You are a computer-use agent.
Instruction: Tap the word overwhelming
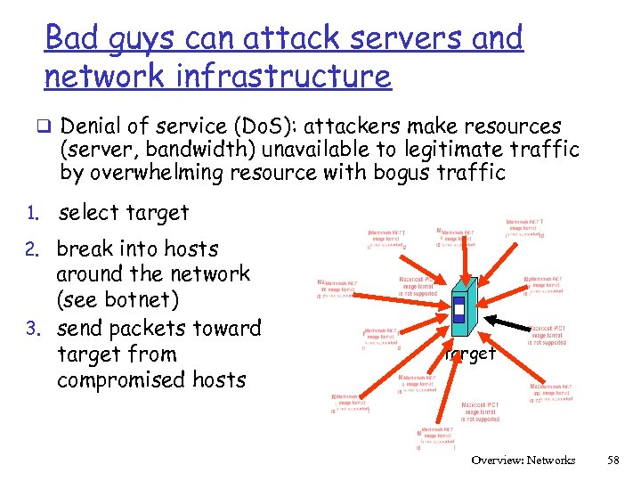(174, 173)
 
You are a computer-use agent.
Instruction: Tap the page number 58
(612, 461)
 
